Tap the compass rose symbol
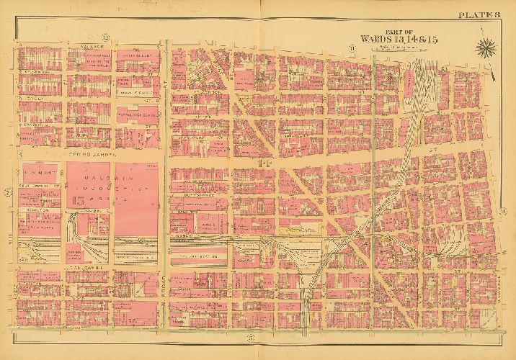tap(484, 49)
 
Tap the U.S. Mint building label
tap(35, 173)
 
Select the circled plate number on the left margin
tap(6, 192)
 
